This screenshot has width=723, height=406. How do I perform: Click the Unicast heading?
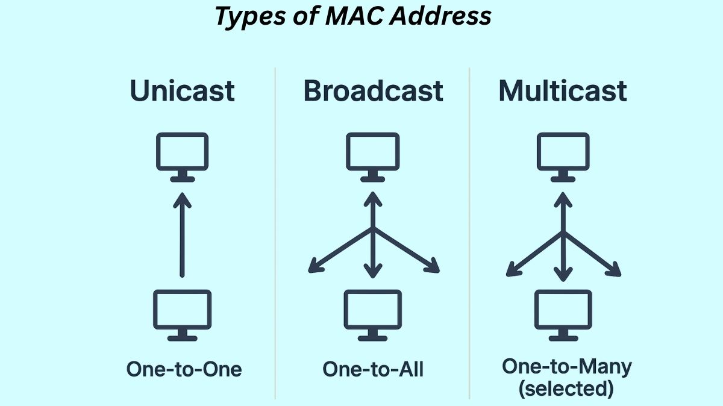click(x=183, y=91)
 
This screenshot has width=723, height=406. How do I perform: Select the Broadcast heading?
click(x=374, y=91)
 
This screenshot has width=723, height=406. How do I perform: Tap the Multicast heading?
click(x=563, y=91)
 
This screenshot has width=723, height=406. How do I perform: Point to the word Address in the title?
click(x=440, y=16)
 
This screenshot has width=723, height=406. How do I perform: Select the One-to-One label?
click(x=184, y=369)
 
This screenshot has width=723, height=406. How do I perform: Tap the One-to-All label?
click(x=373, y=369)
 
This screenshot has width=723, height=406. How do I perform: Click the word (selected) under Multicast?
click(x=566, y=389)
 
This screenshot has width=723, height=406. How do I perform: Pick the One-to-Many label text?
click(x=566, y=366)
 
